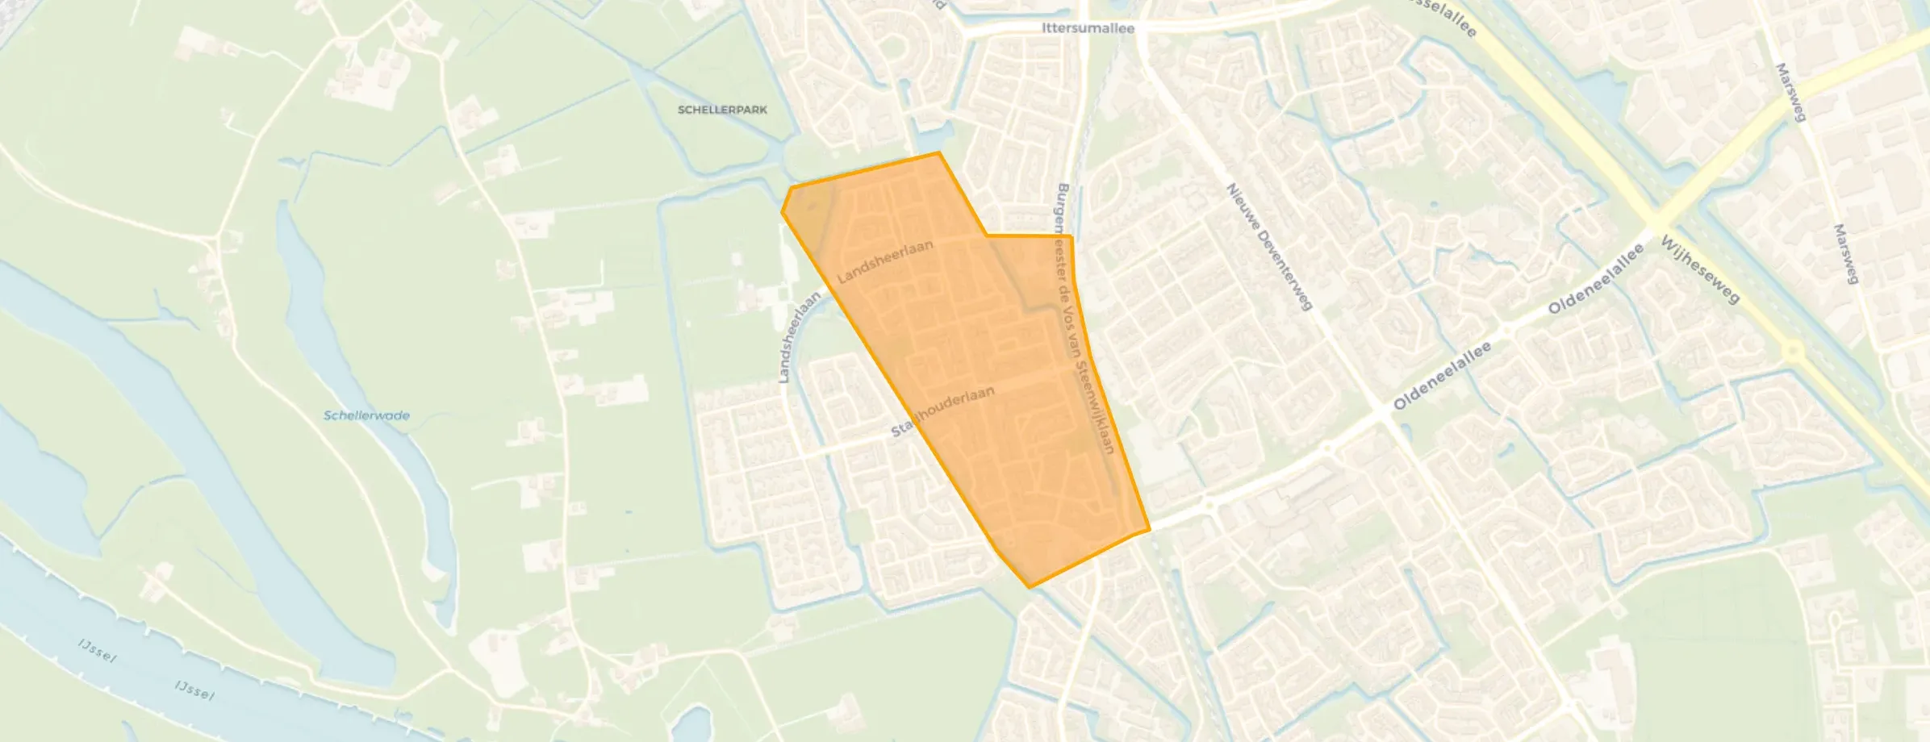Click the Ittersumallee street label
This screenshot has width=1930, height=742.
[1088, 28]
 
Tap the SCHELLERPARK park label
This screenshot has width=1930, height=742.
[722, 110]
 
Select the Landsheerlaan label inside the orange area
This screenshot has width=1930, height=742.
[885, 262]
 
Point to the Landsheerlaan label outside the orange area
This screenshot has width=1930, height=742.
[799, 337]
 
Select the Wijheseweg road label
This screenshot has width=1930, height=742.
[1700, 269]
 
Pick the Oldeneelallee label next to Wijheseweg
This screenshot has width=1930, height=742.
[1596, 280]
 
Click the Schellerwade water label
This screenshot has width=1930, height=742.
[366, 416]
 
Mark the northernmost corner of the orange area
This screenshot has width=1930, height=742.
[938, 152]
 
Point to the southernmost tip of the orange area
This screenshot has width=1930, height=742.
[1029, 587]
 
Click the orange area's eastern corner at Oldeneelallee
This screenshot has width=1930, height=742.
[1148, 530]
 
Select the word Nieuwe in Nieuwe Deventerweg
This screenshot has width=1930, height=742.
[1243, 206]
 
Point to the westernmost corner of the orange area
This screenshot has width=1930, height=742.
[782, 212]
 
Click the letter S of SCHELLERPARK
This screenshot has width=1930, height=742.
[682, 110]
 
